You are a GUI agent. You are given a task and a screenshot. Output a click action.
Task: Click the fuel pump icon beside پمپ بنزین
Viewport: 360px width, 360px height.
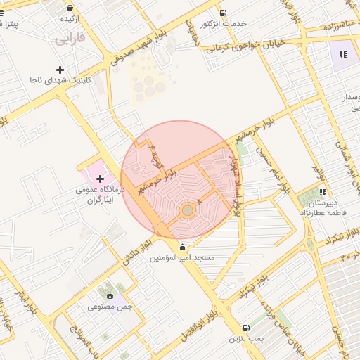[245, 328]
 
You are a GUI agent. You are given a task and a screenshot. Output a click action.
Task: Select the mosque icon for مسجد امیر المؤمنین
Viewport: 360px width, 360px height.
[183, 247]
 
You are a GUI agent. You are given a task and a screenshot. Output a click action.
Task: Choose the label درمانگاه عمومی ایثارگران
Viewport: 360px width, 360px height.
[99, 195]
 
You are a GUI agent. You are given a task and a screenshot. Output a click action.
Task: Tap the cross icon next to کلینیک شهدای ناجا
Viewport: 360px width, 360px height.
[60, 70]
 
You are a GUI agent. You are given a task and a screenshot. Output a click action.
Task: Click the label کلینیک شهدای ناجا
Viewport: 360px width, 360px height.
[60, 81]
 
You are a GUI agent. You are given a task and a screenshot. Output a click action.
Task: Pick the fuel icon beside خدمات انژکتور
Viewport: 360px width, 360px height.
[223, 13]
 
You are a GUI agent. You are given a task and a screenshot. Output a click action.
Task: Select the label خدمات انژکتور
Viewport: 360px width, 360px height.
[223, 24]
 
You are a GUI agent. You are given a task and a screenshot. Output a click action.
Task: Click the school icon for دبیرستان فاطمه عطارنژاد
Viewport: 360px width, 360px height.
[323, 192]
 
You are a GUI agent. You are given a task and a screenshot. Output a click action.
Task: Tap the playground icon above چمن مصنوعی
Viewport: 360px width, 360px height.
[110, 295]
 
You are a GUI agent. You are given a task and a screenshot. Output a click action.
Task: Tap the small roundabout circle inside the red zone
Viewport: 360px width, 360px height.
[188, 210]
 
